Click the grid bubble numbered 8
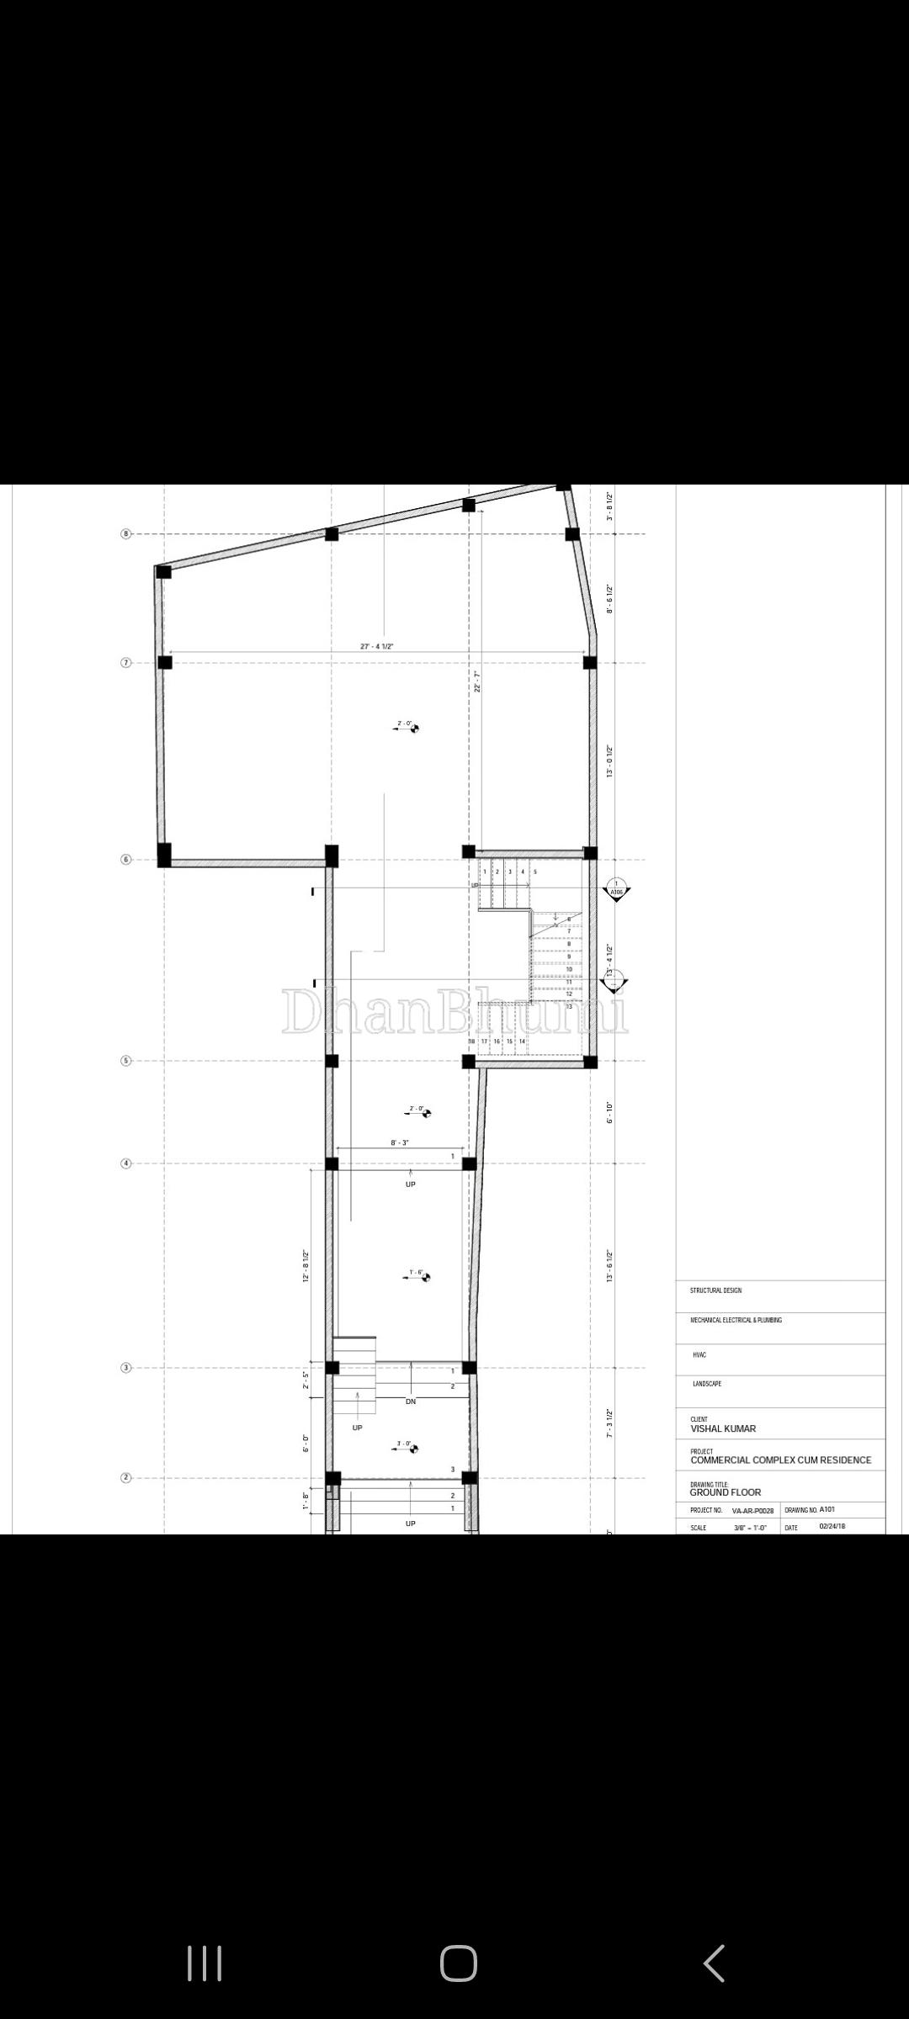[126, 534]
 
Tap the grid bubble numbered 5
[126, 1061]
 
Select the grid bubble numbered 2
[126, 1478]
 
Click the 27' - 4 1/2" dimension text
[377, 646]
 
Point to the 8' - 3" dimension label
[400, 1142]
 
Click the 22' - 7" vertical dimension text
[476, 681]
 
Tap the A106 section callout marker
[617, 890]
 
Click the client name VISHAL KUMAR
[723, 1428]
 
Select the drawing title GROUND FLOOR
[725, 1492]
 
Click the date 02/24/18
[832, 1526]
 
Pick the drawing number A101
[827, 1509]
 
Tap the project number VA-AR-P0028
[752, 1510]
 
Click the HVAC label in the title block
[699, 1355]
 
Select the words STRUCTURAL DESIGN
[715, 1290]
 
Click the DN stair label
[411, 1402]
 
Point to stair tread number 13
[569, 1006]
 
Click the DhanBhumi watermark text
[454, 1012]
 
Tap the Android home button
[458, 1963]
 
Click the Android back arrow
[713, 1963]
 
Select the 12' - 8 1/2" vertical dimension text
[306, 1265]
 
